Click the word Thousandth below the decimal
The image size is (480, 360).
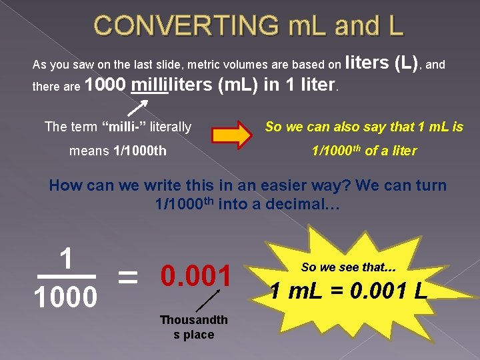193,320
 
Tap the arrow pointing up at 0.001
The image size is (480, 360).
209,301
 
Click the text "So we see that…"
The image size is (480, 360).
349,267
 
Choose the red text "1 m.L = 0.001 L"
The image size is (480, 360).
349,291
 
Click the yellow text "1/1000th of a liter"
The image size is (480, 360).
364,151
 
